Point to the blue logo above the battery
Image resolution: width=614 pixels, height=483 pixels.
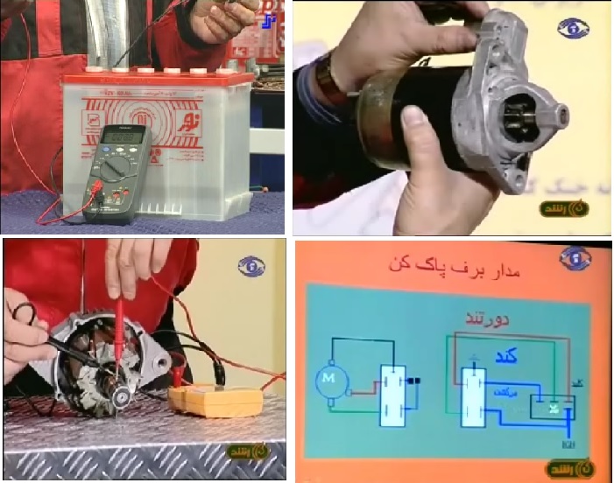click(269, 19)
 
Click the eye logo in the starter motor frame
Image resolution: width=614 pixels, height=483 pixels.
click(573, 27)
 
